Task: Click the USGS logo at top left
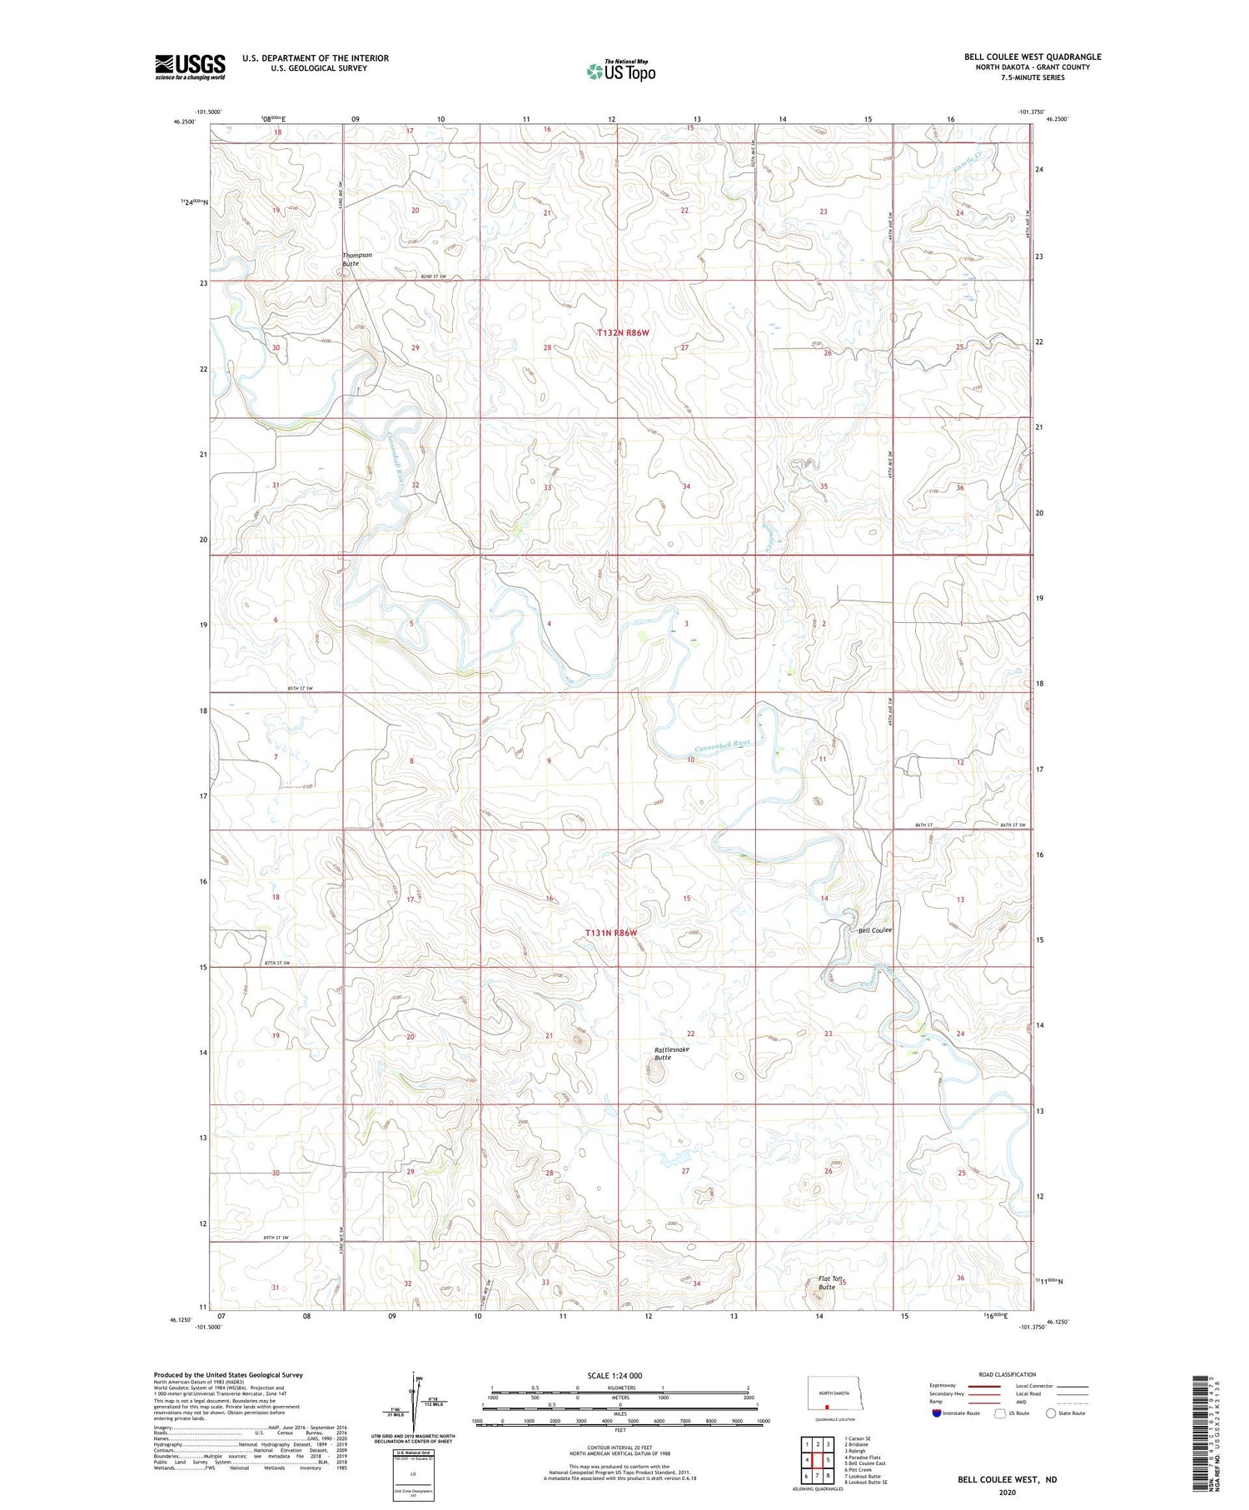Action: [x=190, y=67]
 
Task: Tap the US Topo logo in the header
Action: [x=620, y=72]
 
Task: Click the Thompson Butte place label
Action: [x=356, y=259]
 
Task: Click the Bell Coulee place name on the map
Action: [x=874, y=930]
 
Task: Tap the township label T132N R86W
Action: [x=622, y=332]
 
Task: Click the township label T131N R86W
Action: [x=610, y=933]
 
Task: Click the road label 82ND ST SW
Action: [x=434, y=277]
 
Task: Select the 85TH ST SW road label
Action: [x=299, y=689]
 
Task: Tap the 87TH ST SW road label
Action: [x=276, y=963]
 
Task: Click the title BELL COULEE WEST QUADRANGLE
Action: [x=1033, y=57]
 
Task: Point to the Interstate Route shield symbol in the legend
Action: [x=937, y=1413]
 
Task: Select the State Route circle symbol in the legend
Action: [x=1051, y=1413]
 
